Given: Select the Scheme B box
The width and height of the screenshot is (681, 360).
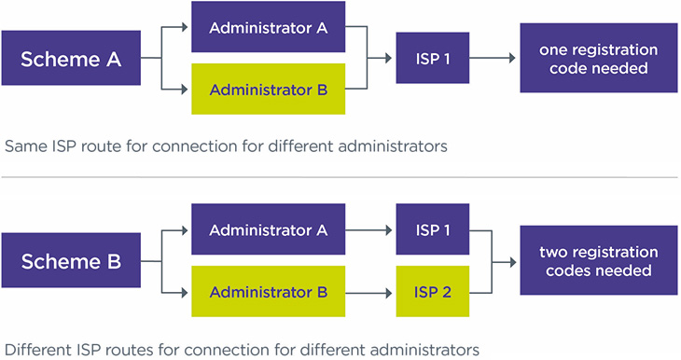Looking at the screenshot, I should [x=72, y=261].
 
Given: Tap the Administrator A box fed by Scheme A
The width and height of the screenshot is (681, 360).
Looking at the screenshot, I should [x=268, y=27].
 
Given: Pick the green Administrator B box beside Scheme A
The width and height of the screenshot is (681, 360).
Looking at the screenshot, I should [x=268, y=90].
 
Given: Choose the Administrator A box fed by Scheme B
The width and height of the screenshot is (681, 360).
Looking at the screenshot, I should [x=268, y=229].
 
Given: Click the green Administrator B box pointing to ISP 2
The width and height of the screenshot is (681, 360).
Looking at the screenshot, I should [x=268, y=292].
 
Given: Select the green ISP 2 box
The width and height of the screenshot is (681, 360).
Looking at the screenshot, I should [x=433, y=292].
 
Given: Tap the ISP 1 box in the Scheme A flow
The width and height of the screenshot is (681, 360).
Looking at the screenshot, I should [x=433, y=58].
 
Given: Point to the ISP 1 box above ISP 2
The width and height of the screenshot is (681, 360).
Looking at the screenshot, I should [x=433, y=229].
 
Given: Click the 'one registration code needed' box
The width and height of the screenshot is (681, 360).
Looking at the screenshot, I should [x=598, y=58].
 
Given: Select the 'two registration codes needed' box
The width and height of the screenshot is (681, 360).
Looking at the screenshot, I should [x=598, y=260].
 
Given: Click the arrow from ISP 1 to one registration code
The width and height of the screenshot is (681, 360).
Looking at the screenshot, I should [x=493, y=58].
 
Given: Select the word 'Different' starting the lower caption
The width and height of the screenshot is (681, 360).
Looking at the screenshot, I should [x=36, y=350].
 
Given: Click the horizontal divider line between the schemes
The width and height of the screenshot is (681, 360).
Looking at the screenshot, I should [x=340, y=177].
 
